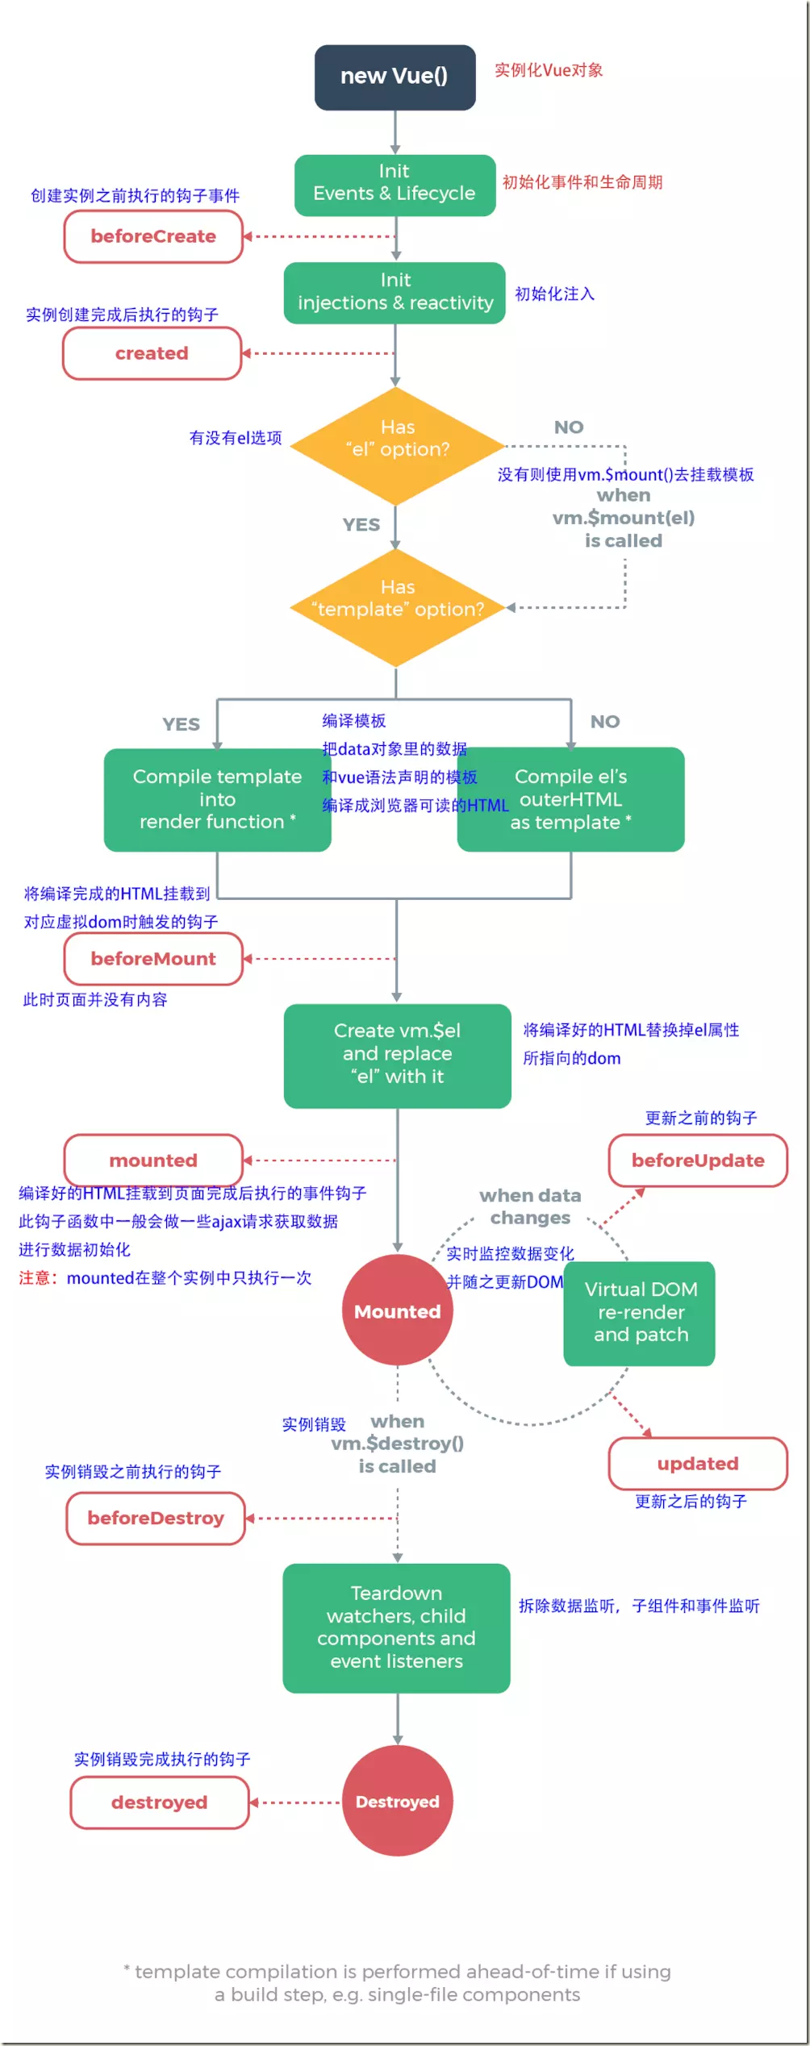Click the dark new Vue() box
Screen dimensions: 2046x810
pos(395,77)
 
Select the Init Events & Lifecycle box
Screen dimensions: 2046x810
pos(395,185)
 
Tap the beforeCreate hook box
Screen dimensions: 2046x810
pos(153,236)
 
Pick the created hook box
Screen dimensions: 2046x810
pos(152,353)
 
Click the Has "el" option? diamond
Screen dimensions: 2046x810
pos(396,445)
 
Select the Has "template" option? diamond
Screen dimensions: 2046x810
pos(396,606)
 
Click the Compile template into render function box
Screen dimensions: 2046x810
pos(216,799)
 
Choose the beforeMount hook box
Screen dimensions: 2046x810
pos(153,959)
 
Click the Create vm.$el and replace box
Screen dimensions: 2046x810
pos(397,1055)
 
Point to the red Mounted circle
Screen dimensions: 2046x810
pos(397,1311)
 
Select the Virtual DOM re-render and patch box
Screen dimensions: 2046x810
pos(640,1312)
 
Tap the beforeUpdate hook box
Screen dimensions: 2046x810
pos(698,1161)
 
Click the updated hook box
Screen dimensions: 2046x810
pos(698,1463)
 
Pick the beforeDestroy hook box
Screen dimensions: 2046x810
pos(156,1518)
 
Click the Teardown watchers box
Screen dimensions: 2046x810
pos(396,1627)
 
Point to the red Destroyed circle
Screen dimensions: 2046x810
pos(397,1801)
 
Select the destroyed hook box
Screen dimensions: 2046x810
pos(159,1802)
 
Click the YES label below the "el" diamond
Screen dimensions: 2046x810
pos(361,525)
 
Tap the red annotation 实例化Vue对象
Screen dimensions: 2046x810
pos(549,70)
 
